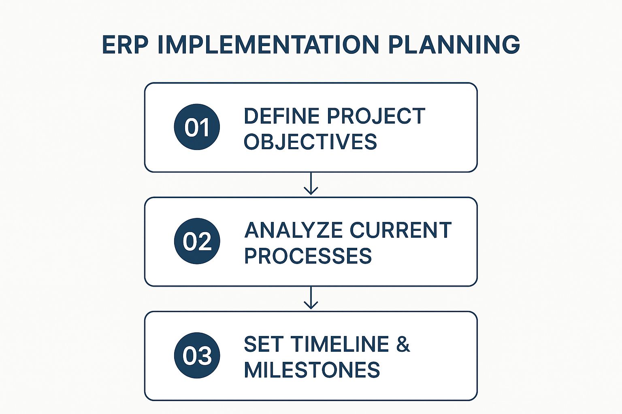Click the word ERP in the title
coord(125,44)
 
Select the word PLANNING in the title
coord(454,44)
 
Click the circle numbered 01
coord(197,127)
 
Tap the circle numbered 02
coord(197,241)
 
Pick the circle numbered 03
coord(197,355)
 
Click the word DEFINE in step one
coord(281,116)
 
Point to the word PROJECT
coord(376,116)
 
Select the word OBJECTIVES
coord(310,142)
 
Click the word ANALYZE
coord(293,230)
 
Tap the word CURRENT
coord(400,230)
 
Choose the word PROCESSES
coord(308,256)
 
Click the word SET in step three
coord(262,344)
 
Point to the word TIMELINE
coord(337,344)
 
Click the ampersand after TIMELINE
coord(403,344)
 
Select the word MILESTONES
coord(312,370)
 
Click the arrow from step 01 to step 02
coord(311,183)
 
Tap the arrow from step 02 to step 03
coord(311,298)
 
